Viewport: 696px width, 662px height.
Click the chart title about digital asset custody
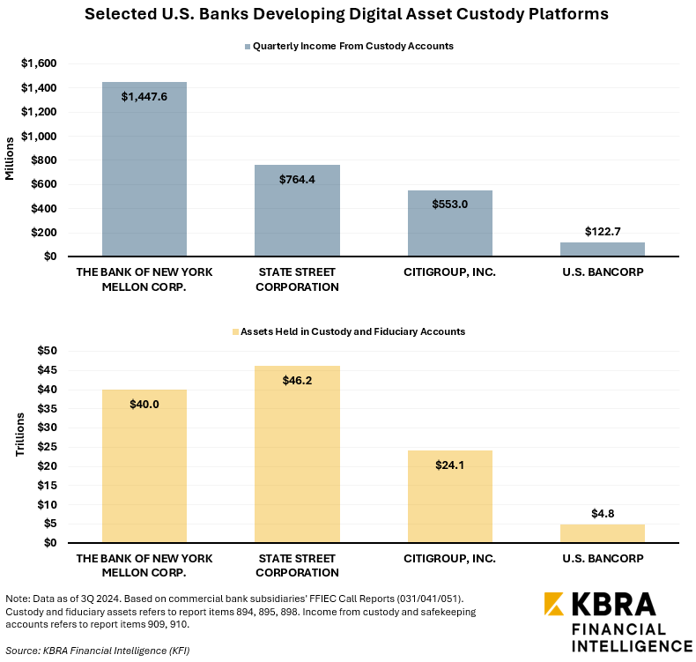click(x=346, y=15)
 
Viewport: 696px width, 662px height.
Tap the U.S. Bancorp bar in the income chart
click(x=603, y=249)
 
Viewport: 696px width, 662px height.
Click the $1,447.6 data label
click(x=144, y=96)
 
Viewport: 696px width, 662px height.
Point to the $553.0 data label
click(x=450, y=204)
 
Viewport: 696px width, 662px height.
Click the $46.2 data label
click(x=297, y=380)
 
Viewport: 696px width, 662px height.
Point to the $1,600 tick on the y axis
click(x=39, y=64)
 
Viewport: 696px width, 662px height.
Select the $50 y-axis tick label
click(x=48, y=351)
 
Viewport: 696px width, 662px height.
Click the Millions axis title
click(x=11, y=160)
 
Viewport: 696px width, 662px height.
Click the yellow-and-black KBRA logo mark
click(x=554, y=604)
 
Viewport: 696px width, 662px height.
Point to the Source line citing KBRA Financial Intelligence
click(x=97, y=651)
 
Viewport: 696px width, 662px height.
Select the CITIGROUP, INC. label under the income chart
click(x=450, y=272)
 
